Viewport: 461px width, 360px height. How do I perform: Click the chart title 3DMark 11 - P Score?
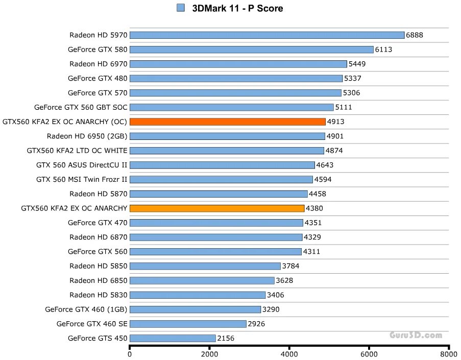click(x=237, y=8)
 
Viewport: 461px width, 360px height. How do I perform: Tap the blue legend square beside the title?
click(x=180, y=8)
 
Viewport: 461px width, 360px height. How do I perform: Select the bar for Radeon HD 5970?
click(x=267, y=35)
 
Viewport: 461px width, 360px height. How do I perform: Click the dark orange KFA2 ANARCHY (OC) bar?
click(x=228, y=122)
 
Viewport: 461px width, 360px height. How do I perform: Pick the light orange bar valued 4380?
click(x=217, y=208)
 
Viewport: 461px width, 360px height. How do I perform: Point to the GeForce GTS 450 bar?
click(x=173, y=338)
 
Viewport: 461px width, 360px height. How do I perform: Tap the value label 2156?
click(x=226, y=338)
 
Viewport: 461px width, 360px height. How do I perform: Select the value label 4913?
click(x=336, y=122)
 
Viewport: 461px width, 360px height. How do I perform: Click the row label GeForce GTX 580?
click(x=98, y=50)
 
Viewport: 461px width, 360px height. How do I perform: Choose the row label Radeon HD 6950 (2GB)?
click(x=87, y=136)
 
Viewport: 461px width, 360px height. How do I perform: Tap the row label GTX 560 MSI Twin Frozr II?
click(x=82, y=179)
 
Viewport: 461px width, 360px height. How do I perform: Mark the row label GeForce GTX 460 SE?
click(x=92, y=323)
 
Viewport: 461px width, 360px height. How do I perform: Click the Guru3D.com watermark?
click(x=416, y=335)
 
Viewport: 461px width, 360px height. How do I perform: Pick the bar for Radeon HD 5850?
click(x=205, y=266)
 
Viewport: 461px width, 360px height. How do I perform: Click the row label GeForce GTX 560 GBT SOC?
click(x=81, y=107)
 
